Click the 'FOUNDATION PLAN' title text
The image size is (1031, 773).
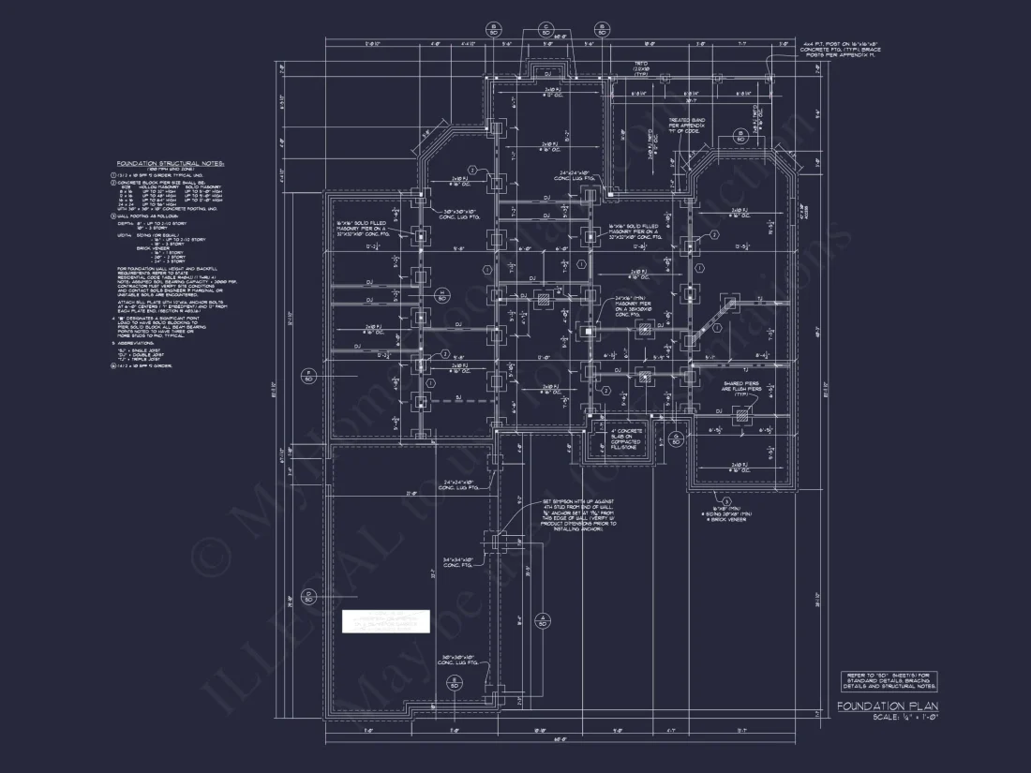pos(887,706)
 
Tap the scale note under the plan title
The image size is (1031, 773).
pos(904,718)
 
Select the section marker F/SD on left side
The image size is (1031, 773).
pos(306,377)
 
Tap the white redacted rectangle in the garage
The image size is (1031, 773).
pos(384,621)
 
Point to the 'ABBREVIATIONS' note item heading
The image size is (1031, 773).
pos(141,343)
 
